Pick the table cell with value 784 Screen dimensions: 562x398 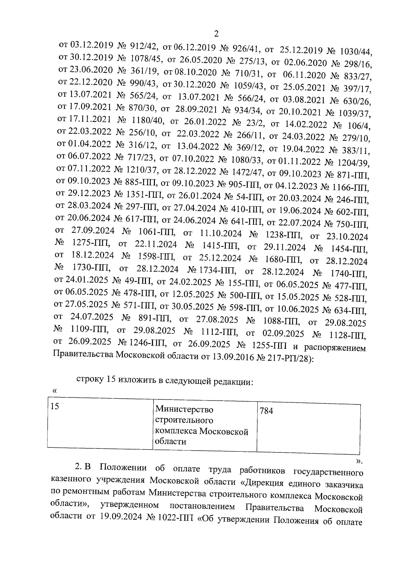tap(309, 428)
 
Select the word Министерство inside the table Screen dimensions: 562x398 tap(184, 410)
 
